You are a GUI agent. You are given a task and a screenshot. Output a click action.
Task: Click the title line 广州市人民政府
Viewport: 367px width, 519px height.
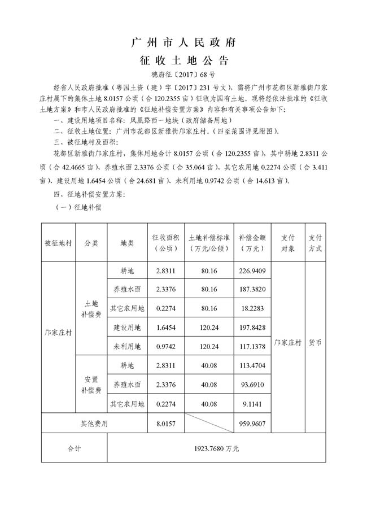183,42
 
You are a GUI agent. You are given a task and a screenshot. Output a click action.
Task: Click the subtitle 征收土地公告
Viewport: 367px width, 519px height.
183,60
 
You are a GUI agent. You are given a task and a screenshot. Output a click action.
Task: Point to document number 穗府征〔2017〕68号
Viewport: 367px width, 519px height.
183,75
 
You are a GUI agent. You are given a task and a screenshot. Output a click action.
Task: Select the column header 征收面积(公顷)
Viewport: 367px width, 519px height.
165,243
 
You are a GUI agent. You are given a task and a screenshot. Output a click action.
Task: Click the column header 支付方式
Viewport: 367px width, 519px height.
315,243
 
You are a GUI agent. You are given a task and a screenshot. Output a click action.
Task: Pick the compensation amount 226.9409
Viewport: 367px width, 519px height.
252,271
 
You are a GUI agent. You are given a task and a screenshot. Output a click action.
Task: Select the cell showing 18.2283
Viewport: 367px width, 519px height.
252,308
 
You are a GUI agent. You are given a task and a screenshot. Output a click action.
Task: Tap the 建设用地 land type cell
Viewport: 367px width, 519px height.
127,327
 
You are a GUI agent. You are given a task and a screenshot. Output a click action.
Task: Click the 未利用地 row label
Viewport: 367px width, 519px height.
127,346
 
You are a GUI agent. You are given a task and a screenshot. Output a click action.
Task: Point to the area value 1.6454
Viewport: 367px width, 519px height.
165,327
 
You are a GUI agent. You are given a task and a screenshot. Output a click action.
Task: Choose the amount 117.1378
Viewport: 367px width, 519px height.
252,346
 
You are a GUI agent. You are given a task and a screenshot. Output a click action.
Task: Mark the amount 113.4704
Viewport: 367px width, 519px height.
252,365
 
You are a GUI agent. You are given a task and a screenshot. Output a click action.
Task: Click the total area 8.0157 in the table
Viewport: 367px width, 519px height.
165,422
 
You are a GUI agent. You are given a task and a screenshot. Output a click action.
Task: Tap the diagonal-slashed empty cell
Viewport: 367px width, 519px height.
209,422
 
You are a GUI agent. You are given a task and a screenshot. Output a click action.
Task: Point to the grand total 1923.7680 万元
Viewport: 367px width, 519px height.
216,449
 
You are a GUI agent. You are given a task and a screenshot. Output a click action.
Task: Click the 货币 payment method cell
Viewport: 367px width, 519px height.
315,342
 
